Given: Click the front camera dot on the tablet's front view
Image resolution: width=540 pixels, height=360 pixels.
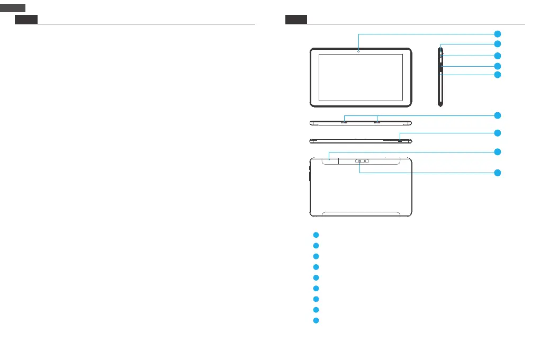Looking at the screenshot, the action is (x=358, y=51).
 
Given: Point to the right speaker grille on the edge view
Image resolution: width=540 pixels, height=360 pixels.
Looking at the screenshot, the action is (x=377, y=122).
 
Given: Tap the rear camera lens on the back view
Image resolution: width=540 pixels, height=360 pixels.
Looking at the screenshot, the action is (x=359, y=161).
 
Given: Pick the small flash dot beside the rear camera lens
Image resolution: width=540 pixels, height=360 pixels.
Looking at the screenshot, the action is (x=365, y=161).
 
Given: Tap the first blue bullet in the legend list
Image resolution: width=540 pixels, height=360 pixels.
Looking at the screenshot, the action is (x=315, y=235).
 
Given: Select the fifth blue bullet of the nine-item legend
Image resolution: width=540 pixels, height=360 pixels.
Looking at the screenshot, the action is (x=315, y=277).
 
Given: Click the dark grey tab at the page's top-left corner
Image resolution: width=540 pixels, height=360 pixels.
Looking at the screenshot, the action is (x=13, y=7).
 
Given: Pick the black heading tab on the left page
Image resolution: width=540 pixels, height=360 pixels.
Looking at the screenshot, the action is (x=26, y=20).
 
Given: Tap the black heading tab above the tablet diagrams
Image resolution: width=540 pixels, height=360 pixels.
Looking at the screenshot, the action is (x=296, y=20).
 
